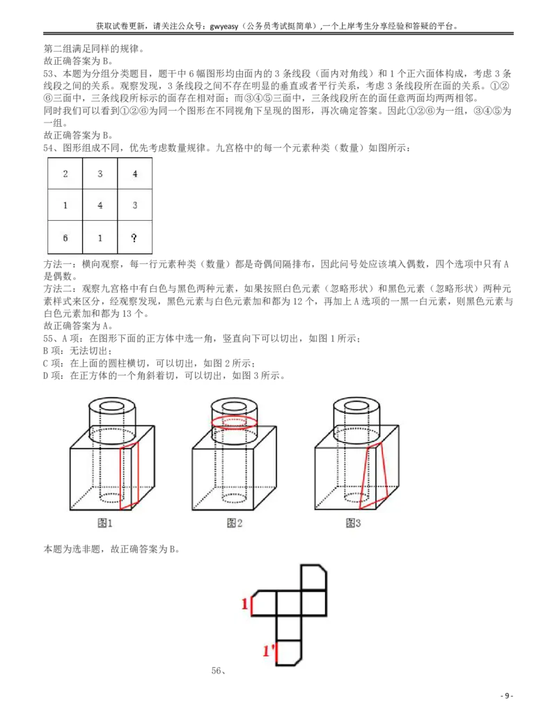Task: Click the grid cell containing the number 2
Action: tap(65, 173)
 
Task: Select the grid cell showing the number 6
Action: tap(65, 238)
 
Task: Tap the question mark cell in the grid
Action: tap(134, 238)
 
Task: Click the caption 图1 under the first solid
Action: tap(104, 523)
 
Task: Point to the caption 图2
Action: tap(235, 523)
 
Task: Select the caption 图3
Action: tap(353, 523)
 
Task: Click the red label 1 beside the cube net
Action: tap(245, 604)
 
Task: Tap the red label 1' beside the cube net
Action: tap(269, 651)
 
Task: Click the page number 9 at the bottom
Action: tap(506, 696)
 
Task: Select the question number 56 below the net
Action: tap(217, 671)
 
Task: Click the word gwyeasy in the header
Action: tap(224, 26)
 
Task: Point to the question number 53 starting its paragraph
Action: tap(48, 74)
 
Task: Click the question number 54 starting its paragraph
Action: tap(48, 148)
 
